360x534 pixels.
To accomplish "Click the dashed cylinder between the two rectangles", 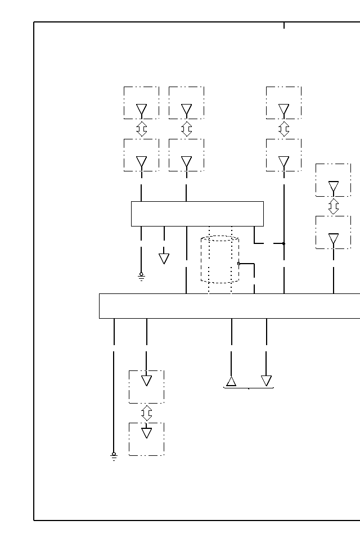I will (220, 260).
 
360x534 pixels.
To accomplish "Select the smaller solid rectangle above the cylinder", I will (197, 214).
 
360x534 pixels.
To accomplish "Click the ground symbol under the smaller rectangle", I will (141, 276).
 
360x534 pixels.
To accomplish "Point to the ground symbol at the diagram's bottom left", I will (114, 456).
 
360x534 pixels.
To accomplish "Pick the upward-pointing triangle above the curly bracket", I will (231, 382).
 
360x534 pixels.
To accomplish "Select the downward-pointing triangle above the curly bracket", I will (267, 381).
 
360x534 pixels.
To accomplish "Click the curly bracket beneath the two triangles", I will (249, 388).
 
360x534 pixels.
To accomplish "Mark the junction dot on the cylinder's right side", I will (238, 263).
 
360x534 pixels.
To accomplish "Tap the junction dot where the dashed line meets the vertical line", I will (284, 243).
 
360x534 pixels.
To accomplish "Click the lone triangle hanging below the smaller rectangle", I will (164, 259).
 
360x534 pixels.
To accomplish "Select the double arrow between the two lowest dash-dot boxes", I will (147, 413).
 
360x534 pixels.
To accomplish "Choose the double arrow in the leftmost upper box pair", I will (142, 129).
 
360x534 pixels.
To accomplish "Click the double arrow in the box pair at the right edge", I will (334, 206).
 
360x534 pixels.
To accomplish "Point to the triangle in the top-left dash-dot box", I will (142, 109).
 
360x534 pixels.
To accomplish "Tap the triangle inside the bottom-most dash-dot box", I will (147, 433).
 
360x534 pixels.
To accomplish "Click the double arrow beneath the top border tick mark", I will (284, 129).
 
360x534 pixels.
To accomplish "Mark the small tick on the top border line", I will (284, 25).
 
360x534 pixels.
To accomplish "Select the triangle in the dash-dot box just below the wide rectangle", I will (147, 381).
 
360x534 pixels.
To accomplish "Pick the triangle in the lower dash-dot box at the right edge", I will (334, 239).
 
